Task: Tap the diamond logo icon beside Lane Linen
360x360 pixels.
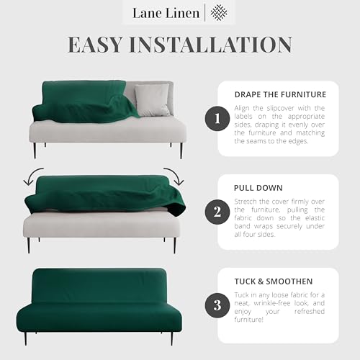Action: click(220, 12)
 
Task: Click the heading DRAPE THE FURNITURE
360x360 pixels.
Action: click(279, 94)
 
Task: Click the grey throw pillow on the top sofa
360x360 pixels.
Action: click(152, 99)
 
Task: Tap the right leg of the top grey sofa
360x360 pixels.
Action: click(181, 150)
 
